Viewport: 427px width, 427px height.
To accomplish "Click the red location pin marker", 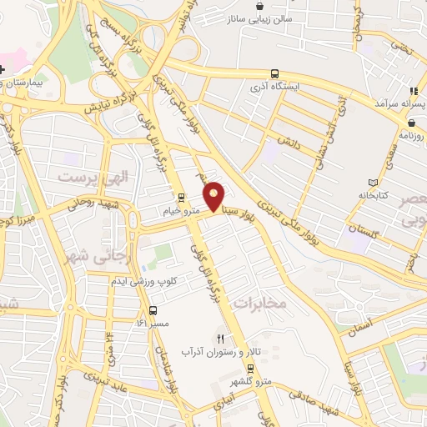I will click(x=214, y=195).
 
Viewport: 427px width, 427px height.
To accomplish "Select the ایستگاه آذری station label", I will click(x=280, y=85).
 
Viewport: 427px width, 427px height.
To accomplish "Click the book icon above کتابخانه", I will click(x=372, y=182).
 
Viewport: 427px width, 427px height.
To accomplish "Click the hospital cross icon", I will click(x=3, y=68).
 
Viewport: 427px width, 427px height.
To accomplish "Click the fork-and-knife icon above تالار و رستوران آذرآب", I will click(x=221, y=339).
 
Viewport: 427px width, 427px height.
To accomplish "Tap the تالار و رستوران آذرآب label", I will click(x=234, y=353).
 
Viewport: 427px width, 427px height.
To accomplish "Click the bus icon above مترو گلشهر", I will click(x=250, y=368).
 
